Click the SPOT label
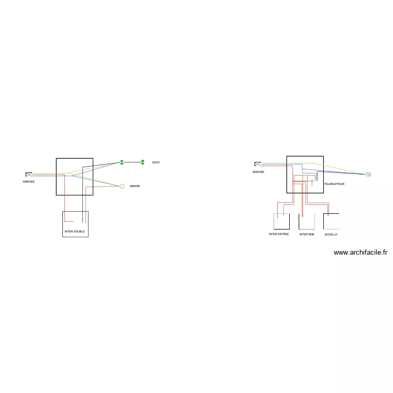[x=156, y=162]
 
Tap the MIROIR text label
[x=135, y=187]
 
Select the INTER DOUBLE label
[x=74, y=232]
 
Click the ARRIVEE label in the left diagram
[x=28, y=182]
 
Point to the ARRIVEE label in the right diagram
[x=258, y=172]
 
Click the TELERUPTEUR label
[x=334, y=184]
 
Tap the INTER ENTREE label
[x=279, y=234]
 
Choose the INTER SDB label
[x=307, y=235]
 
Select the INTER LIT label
[x=331, y=235]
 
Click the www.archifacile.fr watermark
[x=361, y=253]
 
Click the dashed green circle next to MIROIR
[x=122, y=186]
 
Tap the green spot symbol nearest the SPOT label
[x=142, y=162]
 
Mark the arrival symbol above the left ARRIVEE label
[x=29, y=174]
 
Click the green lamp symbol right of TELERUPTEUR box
[x=368, y=174]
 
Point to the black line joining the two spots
[x=132, y=162]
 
